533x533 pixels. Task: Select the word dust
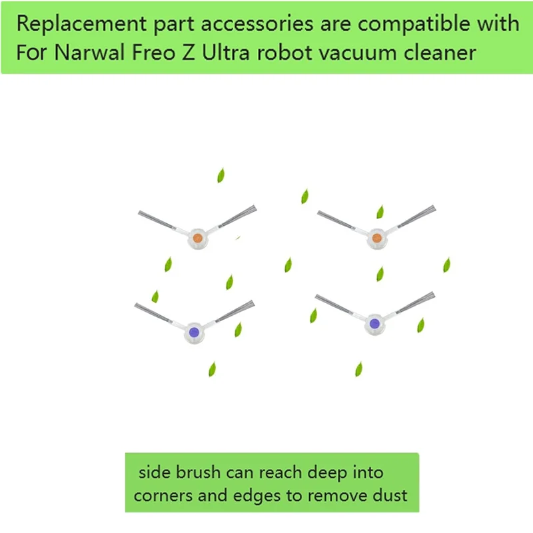[x=388, y=496]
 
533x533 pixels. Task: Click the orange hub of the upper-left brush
[x=197, y=238]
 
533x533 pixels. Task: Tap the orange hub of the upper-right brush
[x=376, y=238]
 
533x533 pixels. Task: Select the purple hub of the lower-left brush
[x=193, y=331]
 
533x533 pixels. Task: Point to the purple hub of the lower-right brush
[x=374, y=324]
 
